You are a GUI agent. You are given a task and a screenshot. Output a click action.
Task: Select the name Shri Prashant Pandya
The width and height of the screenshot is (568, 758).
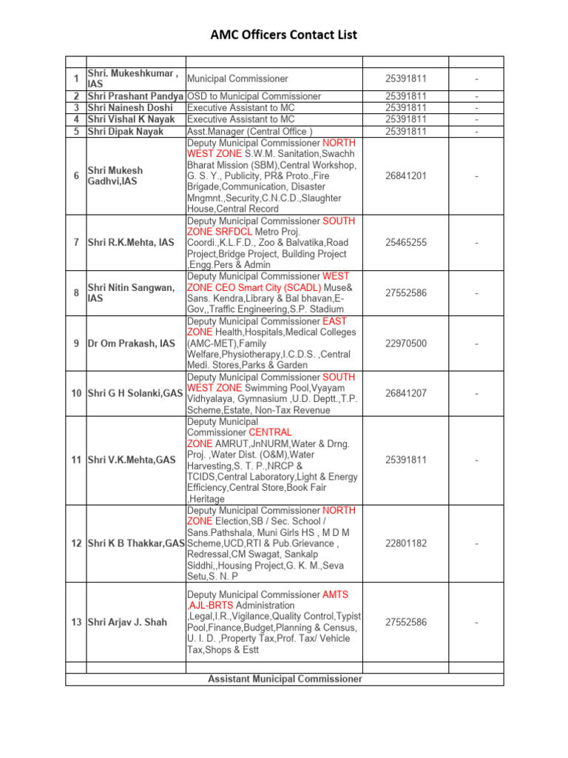[x=135, y=96]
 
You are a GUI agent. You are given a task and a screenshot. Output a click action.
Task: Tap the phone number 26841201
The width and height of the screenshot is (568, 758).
[x=405, y=176]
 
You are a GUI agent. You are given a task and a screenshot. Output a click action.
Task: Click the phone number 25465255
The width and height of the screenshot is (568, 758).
[x=405, y=243]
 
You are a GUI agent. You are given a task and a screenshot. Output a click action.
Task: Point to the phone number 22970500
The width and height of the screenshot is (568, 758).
[x=405, y=343]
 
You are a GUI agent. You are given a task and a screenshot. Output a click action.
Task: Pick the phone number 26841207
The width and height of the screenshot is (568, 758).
[x=405, y=393]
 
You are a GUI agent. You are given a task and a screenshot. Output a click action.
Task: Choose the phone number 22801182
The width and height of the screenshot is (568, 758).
[x=405, y=543]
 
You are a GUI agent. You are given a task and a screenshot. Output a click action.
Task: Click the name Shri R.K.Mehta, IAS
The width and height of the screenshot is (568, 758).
[x=131, y=243]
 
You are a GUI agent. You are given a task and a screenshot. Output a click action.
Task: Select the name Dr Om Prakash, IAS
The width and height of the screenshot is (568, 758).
[x=131, y=343]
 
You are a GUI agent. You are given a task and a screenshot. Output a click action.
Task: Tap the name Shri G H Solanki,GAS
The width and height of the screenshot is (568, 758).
[x=135, y=393]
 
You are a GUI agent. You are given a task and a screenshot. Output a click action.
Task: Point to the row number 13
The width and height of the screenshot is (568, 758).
[x=76, y=623]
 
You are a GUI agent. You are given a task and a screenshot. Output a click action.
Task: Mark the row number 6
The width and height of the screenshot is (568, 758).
[x=76, y=176]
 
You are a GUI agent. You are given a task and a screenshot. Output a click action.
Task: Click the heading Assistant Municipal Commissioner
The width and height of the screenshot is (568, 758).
[x=285, y=679]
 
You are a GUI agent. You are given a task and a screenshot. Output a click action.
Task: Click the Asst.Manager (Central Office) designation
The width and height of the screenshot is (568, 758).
[x=250, y=132]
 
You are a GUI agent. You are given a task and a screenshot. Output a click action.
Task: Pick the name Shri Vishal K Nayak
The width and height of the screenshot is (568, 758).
[x=131, y=119]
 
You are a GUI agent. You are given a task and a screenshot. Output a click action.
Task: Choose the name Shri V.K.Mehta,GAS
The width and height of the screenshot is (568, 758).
[x=131, y=460]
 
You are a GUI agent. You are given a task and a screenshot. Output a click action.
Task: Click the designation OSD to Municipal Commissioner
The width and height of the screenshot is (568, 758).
[x=254, y=96]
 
